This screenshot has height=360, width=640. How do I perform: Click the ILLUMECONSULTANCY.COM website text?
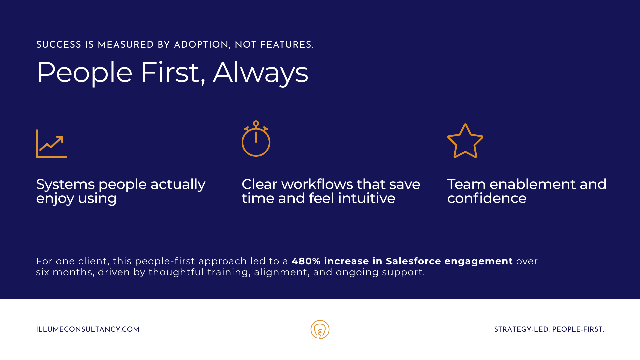tap(88, 329)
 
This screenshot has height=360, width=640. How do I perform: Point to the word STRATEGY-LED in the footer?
tap(522, 329)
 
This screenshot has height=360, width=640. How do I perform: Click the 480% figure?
tap(306, 261)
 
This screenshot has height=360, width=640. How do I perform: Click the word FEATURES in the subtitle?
tap(287, 45)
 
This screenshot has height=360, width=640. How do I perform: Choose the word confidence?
tap(487, 198)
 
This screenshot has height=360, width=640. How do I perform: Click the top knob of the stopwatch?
tap(256, 124)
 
